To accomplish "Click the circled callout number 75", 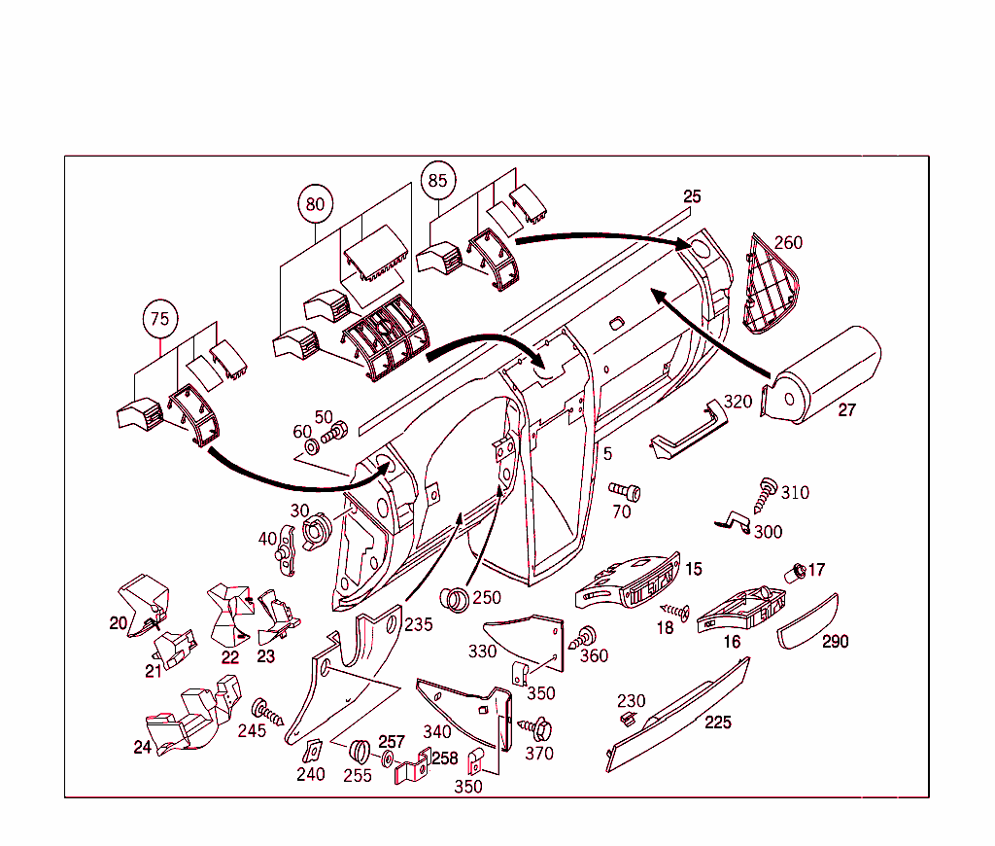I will click(159, 319).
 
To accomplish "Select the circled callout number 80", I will click(315, 205).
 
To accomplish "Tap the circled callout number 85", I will click(438, 180).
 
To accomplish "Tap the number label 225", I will click(718, 723).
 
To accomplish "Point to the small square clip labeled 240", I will click(313, 753).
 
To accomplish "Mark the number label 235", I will click(419, 624).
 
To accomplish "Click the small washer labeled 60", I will click(312, 448).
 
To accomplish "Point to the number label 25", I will click(691, 196).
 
